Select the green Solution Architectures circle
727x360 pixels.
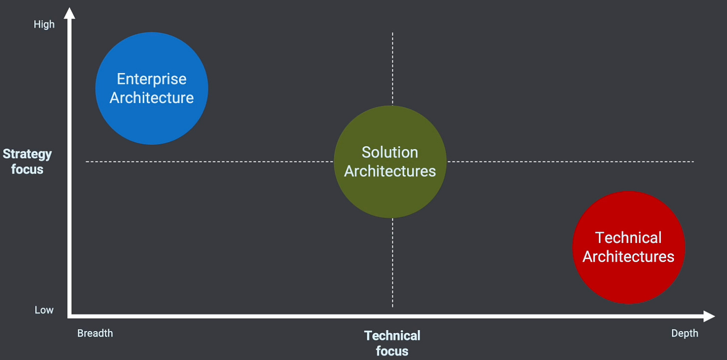click(390, 195)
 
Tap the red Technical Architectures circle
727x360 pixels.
click(629, 280)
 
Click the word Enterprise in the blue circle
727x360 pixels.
click(151, 79)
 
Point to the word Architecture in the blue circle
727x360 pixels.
click(151, 97)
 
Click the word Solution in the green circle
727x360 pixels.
click(390, 152)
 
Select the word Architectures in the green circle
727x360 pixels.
click(390, 171)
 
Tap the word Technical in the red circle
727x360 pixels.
click(629, 238)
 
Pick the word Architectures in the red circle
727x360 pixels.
click(629, 256)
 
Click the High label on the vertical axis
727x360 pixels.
click(44, 24)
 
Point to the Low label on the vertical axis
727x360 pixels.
click(44, 310)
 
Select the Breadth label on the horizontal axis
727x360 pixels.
click(95, 334)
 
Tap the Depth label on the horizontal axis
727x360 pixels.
click(685, 334)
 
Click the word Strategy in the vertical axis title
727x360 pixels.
click(27, 154)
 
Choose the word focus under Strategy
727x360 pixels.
click(27, 169)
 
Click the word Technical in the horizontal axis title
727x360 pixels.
click(392, 336)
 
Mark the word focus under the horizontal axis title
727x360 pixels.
click(392, 351)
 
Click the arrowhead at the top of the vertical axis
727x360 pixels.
click(70, 12)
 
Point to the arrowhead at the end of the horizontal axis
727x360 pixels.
click(709, 316)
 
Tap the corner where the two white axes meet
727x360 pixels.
click(70, 316)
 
